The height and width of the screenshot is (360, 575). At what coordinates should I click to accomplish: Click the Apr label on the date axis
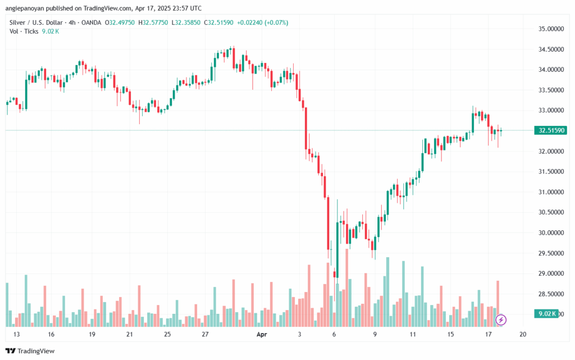tap(261, 334)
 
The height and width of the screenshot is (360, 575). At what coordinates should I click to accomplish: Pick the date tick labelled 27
tap(205, 334)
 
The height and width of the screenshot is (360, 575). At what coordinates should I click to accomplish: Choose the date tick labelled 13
tap(17, 334)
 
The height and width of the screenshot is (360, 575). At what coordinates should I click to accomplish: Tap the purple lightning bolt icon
tap(501, 320)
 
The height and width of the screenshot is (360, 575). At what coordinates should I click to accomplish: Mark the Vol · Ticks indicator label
tap(23, 31)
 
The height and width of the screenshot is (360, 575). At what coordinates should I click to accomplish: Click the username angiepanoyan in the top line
tap(29, 8)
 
